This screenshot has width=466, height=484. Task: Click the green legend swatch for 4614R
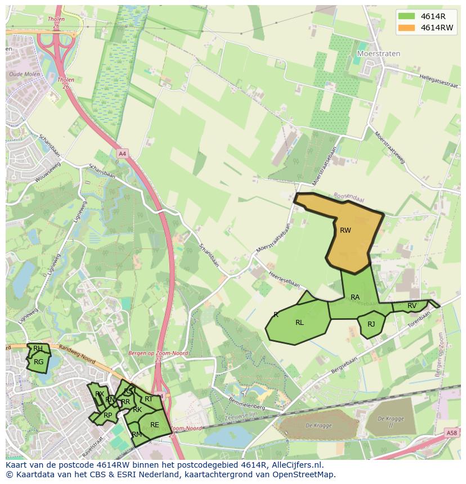coord(406,16)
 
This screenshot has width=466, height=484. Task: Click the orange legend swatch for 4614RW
coord(406,28)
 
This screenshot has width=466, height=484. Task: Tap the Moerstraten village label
coord(379,53)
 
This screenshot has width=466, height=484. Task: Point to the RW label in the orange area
coord(346,230)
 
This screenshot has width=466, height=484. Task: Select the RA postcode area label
coord(355,297)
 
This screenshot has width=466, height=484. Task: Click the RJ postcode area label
coord(371,324)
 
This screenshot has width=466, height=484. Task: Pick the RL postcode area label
coord(299,323)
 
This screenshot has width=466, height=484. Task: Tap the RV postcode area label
coord(412,306)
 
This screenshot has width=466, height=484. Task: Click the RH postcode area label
coord(38,349)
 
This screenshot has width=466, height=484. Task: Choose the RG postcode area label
coord(38,362)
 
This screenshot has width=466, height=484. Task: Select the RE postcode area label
coord(154,425)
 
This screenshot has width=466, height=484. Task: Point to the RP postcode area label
coord(107,415)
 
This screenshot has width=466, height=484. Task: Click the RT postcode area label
coord(149,399)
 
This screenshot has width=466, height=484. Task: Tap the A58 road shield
coord(451,433)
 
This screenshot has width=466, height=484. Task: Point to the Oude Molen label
coord(24,74)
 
